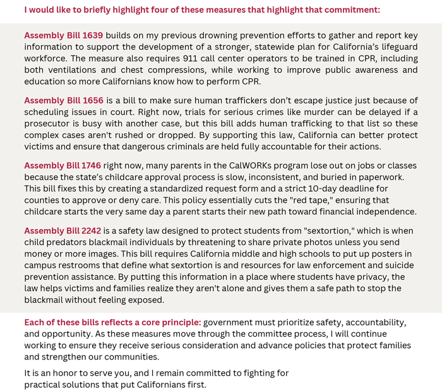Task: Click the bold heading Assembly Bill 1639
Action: pyautogui.click(x=63, y=35)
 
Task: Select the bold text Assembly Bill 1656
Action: pyautogui.click(x=63, y=100)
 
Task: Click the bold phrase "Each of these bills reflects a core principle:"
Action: pyautogui.click(x=112, y=322)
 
